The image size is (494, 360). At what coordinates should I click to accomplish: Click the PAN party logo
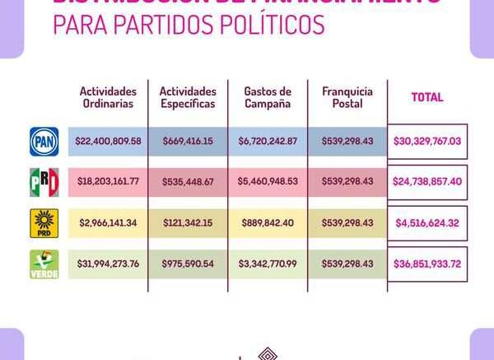44,141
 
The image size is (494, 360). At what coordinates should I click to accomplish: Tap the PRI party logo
44,182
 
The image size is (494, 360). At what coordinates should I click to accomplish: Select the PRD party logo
44,223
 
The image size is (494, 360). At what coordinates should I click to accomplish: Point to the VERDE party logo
44,264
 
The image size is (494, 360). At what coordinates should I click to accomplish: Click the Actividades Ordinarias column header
108,97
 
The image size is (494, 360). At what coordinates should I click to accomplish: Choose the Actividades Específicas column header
188,97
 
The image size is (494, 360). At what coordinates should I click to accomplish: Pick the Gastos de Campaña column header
268,97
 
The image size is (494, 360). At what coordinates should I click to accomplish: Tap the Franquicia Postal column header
347,97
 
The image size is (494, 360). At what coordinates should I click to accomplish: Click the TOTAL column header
427,97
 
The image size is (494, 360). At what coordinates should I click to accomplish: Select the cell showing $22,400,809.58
108,141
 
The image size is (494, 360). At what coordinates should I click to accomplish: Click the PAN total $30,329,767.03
427,141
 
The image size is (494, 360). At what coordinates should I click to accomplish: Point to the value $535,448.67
188,182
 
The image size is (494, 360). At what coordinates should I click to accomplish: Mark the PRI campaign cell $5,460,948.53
268,182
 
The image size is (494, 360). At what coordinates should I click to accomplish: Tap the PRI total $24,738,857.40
427,182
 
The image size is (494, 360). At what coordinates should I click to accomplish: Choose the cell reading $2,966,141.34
108,223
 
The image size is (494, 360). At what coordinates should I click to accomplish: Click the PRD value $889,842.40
268,223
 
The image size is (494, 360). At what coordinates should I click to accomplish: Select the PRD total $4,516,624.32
427,223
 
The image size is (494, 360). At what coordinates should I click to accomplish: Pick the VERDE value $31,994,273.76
108,264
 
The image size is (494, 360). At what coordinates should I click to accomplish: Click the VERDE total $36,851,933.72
427,264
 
